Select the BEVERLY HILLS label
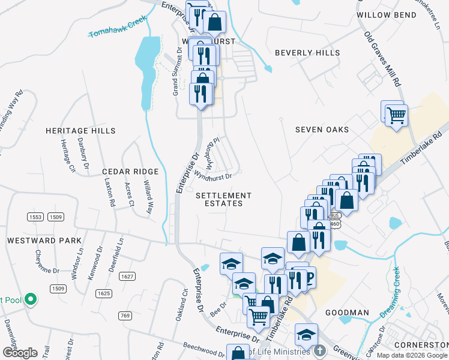pos(307,53)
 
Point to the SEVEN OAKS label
pos(322,130)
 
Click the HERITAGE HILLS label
pos(80,130)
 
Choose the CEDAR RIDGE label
pos(130,172)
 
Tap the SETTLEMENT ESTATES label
pos(224,199)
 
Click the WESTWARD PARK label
pos(44,240)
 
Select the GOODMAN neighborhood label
pos(347,313)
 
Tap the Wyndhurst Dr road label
pos(212,174)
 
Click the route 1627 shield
pos(127,277)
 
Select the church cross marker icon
pos(320,350)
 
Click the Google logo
pos(20,352)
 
